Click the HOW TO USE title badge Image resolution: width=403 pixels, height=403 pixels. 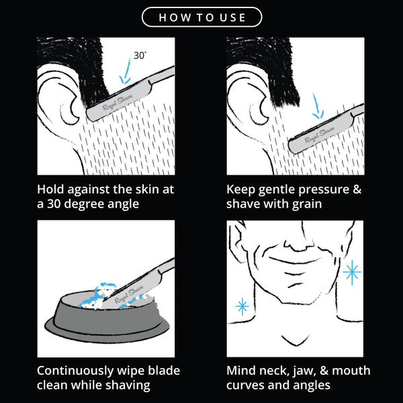point(201,17)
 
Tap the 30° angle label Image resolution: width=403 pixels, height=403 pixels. point(140,55)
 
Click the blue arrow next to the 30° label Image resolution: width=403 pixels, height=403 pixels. point(126,71)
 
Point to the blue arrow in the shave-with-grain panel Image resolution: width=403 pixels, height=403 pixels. point(318,106)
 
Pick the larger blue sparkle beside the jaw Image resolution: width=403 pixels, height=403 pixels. point(352,273)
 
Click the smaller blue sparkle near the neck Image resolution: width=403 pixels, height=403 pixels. point(242,306)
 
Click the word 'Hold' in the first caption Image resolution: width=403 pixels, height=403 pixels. point(50,189)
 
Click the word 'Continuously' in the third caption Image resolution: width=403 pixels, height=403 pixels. point(75,371)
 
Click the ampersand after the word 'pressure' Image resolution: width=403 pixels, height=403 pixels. point(357,189)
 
